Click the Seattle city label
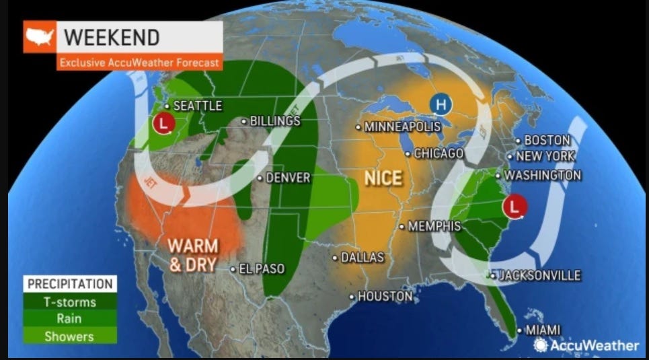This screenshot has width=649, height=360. [197, 106]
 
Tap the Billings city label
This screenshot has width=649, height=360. [274, 121]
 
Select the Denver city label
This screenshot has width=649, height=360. [288, 178]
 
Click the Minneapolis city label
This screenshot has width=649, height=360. [402, 127]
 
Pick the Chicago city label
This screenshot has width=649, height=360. [438, 153]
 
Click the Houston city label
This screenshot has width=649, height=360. [384, 295]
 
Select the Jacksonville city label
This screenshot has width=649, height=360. [539, 275]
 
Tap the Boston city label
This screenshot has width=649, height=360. [547, 140]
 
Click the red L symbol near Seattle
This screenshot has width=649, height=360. [161, 124]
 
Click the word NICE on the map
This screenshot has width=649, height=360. [383, 178]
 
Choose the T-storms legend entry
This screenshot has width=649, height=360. [70, 302]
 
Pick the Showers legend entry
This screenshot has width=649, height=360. [70, 336]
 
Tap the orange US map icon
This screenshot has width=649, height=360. [40, 37]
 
